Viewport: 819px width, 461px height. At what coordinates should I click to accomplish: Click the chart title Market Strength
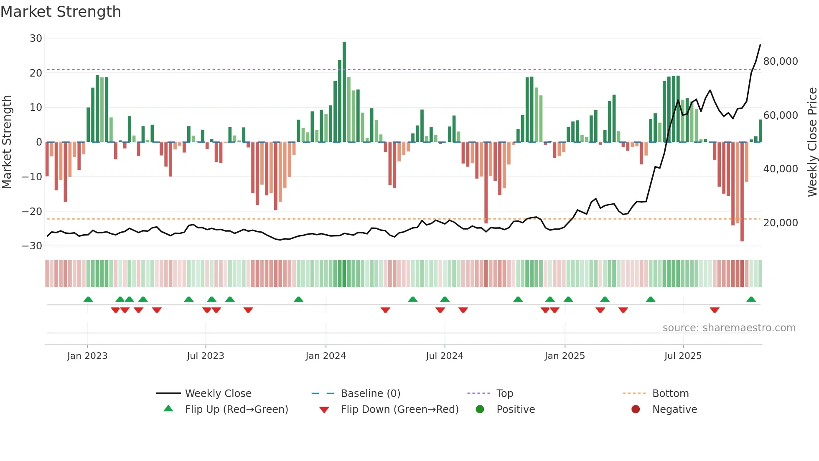click(x=61, y=12)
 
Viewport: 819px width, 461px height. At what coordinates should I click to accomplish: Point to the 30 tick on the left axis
click(x=36, y=38)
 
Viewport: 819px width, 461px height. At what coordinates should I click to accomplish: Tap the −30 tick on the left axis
click(x=32, y=246)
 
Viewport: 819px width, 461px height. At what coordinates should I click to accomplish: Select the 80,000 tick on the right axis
click(x=780, y=61)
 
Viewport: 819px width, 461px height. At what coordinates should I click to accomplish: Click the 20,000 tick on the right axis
click(x=780, y=223)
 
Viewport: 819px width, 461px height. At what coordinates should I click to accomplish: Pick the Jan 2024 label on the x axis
click(x=326, y=356)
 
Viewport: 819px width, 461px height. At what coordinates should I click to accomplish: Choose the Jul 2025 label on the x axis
click(x=683, y=356)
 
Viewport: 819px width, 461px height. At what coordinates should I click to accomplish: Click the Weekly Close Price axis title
click(x=812, y=142)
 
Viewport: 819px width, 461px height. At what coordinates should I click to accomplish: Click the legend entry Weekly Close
click(x=218, y=394)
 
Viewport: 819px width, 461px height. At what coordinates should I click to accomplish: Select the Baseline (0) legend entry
click(x=370, y=394)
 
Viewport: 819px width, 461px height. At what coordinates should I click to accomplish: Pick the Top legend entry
click(x=504, y=394)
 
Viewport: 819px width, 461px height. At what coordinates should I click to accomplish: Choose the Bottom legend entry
click(x=670, y=394)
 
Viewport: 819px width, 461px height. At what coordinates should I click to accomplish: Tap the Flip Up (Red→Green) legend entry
click(x=236, y=410)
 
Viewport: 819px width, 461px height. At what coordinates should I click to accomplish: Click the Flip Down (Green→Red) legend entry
click(x=399, y=410)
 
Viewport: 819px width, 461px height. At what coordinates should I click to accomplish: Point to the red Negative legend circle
click(x=636, y=410)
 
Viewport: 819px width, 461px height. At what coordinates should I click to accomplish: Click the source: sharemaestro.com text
click(x=729, y=328)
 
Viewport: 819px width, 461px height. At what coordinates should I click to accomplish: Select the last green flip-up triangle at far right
click(x=751, y=300)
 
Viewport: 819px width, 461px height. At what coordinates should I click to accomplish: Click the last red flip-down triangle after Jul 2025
click(x=715, y=310)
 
